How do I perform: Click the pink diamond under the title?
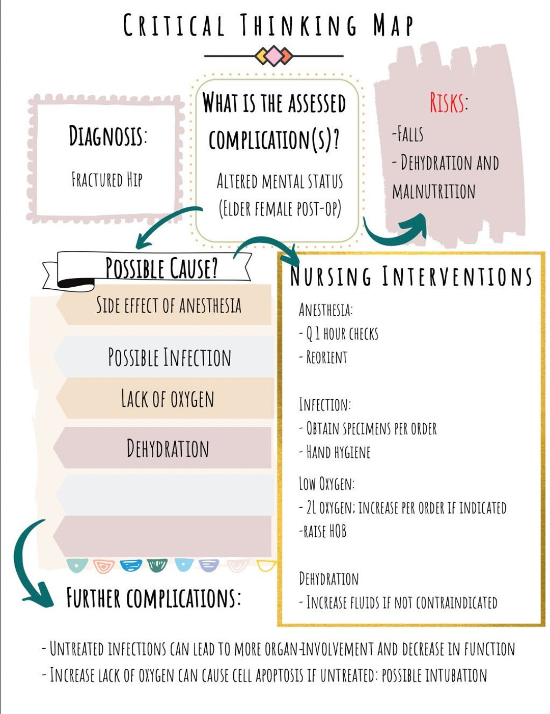(x=274, y=56)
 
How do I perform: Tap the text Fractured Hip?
(x=107, y=180)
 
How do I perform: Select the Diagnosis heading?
(x=107, y=136)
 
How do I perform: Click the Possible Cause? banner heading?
(x=161, y=268)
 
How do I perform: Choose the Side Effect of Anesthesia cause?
(x=169, y=305)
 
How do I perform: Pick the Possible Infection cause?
(x=169, y=357)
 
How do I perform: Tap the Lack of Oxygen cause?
(x=168, y=399)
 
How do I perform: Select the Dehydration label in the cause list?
(x=168, y=449)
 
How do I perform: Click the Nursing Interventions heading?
(x=411, y=277)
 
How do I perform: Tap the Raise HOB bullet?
(x=323, y=532)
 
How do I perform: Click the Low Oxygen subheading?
(x=326, y=484)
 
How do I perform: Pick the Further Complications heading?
(x=153, y=598)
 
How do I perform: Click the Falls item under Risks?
(x=408, y=134)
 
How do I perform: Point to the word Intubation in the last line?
(x=456, y=676)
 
